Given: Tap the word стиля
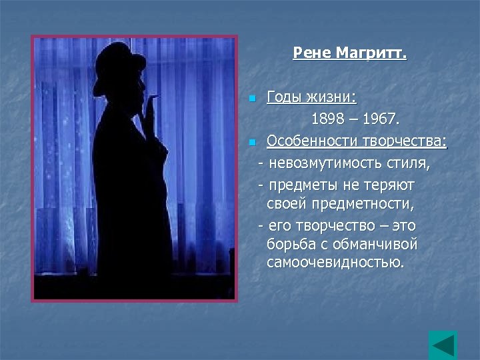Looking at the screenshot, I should (x=409, y=163).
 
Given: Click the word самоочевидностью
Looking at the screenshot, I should (x=335, y=263).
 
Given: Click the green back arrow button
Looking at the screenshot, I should (x=443, y=345).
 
